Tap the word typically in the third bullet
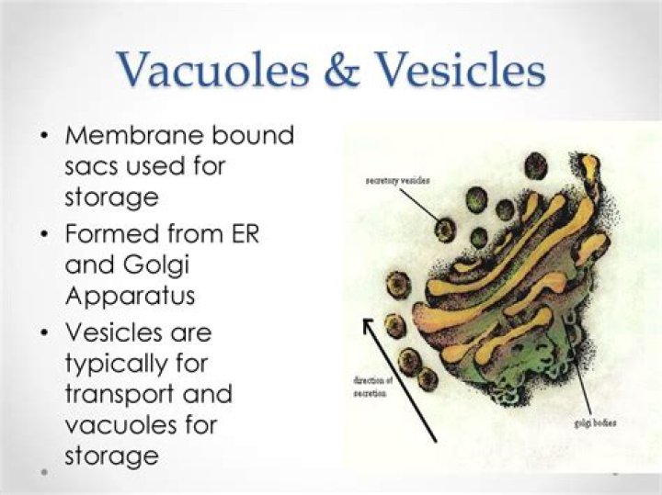point(118,363)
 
